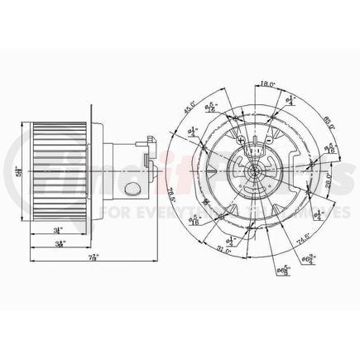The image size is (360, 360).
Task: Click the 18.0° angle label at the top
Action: [x=267, y=84]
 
